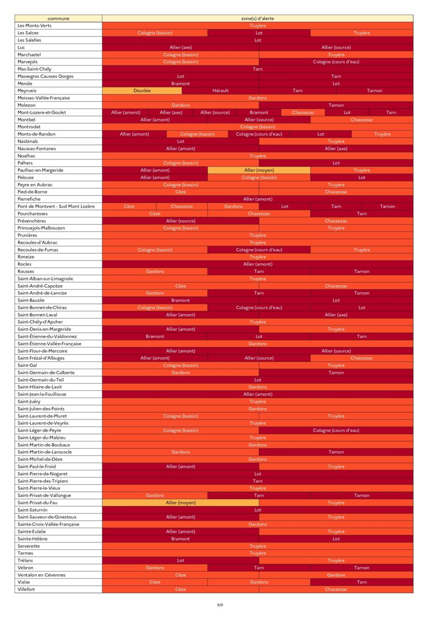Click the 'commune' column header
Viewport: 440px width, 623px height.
click(58, 18)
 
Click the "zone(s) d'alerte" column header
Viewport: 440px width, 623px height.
click(257, 18)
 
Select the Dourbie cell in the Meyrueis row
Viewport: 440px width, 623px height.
click(142, 91)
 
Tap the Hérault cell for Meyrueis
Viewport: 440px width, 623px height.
click(220, 91)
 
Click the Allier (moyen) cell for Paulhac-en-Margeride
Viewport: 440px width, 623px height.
click(259, 170)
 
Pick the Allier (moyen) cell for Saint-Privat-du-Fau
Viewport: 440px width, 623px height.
click(181, 503)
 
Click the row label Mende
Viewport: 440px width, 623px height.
click(25, 84)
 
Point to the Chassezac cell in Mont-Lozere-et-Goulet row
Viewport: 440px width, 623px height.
click(302, 112)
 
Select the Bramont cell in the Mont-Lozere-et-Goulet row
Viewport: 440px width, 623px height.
click(259, 112)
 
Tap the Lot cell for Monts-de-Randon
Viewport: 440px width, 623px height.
click(321, 134)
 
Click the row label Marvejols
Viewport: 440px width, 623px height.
click(27, 62)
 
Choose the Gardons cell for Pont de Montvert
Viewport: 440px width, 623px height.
click(233, 207)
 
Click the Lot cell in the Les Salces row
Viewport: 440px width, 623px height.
click(259, 33)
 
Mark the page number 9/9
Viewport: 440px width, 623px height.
click(220, 605)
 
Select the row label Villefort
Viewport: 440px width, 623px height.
click(26, 589)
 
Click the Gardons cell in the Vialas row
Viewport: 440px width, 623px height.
click(259, 582)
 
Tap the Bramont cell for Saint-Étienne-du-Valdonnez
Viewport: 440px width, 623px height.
click(155, 336)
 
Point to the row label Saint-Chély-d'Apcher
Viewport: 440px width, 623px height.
click(40, 322)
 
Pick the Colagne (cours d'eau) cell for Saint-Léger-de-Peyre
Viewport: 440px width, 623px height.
click(336, 430)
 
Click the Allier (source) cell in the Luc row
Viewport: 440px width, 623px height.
click(336, 47)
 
